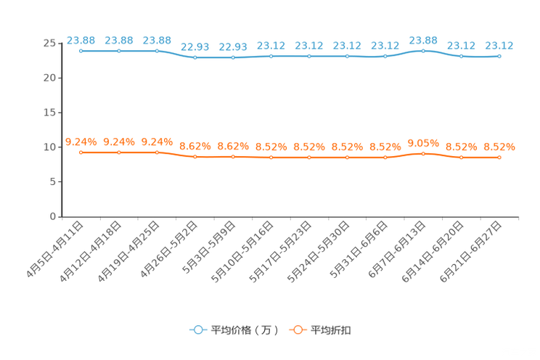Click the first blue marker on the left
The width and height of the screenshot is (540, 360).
[81, 51]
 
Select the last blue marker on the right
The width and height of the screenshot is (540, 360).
[499, 56]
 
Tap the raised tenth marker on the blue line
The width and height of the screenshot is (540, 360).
[423, 51]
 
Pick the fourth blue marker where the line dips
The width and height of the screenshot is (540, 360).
[195, 57]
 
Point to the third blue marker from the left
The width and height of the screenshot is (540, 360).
[157, 51]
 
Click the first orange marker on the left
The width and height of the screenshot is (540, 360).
[81, 152]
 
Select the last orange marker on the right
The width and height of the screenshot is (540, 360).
[499, 157]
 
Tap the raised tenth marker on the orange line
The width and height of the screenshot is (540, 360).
[423, 153]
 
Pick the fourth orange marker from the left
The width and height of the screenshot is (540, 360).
[195, 156]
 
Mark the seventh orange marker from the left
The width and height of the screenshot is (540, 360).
[309, 157]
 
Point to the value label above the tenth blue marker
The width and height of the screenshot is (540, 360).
[423, 40]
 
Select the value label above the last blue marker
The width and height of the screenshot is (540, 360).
[499, 45]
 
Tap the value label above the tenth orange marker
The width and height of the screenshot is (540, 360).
[423, 142]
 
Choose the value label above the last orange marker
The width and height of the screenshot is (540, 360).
[499, 147]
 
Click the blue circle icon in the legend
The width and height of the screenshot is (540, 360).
[197, 330]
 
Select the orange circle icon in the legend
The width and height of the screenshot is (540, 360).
[297, 330]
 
